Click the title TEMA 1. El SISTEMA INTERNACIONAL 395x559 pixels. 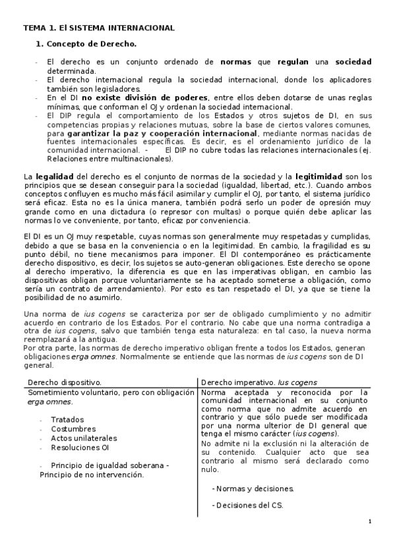[x=99, y=28]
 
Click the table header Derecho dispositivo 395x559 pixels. [x=65, y=382]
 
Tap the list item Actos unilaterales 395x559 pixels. [x=84, y=438]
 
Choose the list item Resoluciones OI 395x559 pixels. [x=80, y=447]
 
